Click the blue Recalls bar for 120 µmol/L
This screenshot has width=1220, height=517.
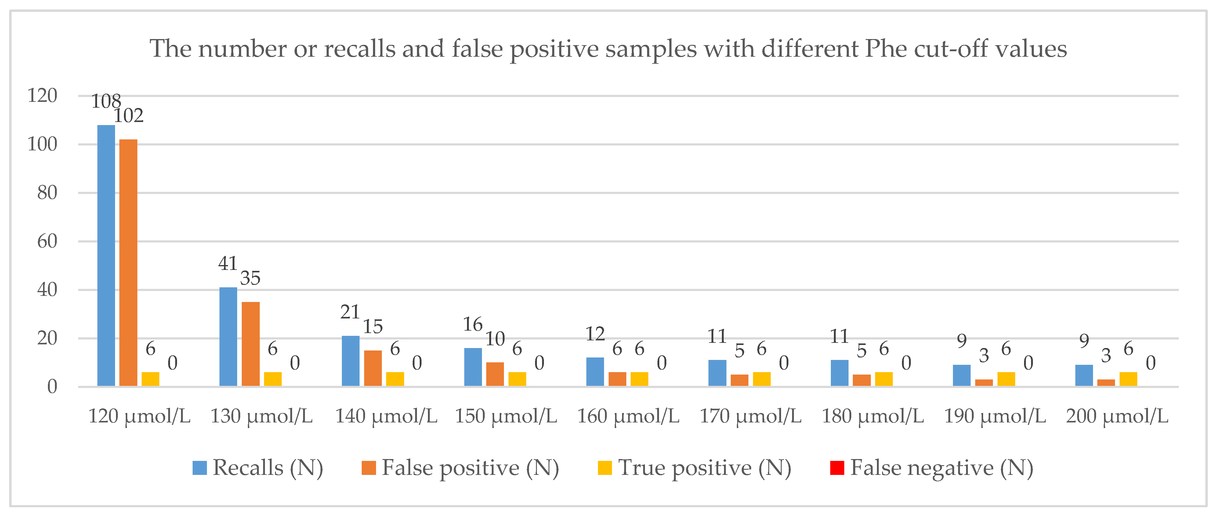106,256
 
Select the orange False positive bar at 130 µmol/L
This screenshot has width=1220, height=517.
251,344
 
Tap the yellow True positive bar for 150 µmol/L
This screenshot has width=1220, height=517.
517,379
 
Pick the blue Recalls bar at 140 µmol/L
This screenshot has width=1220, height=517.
350,361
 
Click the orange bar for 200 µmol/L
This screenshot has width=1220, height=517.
1106,382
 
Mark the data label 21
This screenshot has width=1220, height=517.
350,312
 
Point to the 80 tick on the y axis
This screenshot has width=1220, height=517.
47,193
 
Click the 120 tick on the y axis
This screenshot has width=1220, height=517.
42,96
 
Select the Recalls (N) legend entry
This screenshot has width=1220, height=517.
258,468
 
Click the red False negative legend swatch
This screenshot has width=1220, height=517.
837,468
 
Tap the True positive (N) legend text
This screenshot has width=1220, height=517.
704,468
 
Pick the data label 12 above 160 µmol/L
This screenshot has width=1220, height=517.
595,335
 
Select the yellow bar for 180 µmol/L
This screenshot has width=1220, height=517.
884,379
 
